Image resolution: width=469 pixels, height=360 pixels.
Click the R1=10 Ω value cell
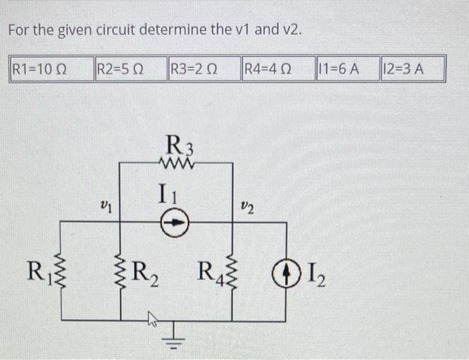[x=49, y=68]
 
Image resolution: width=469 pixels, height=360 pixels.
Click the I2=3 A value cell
[x=411, y=68]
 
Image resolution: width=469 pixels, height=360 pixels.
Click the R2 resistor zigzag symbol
[x=121, y=274]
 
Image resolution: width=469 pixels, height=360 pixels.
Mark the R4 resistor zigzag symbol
[x=232, y=272]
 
